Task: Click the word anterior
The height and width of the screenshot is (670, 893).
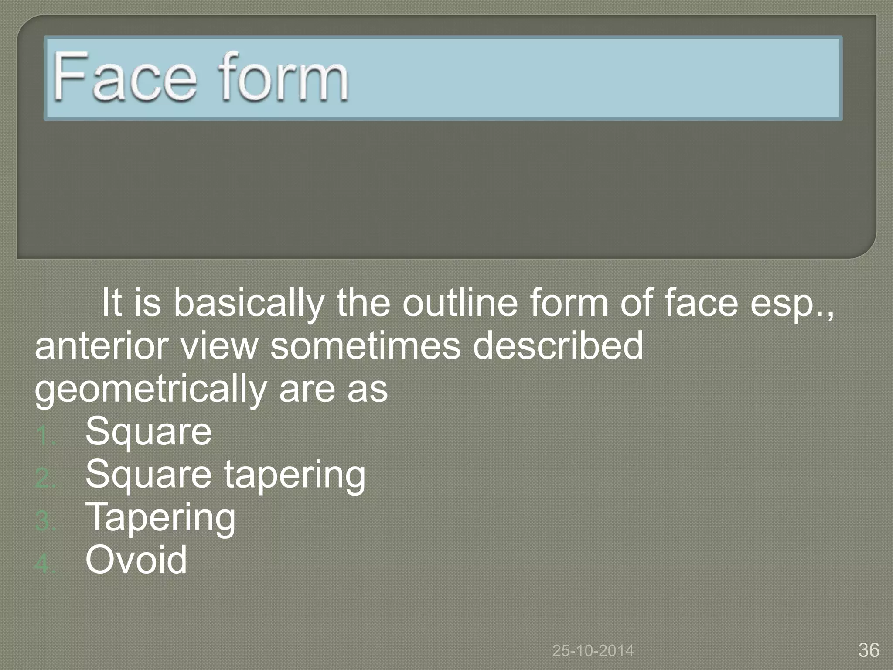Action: tap(100, 345)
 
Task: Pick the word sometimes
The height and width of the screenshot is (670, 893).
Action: tap(365, 345)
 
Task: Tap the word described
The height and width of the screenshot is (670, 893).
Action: tap(558, 345)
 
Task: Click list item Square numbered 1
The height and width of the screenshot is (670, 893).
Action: tap(149, 432)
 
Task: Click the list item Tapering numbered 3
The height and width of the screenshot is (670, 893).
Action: tap(161, 518)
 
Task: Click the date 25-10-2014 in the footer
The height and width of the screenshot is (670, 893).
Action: tap(593, 651)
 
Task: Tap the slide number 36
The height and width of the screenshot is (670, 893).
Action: tap(869, 650)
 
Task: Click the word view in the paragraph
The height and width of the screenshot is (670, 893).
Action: tap(219, 345)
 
